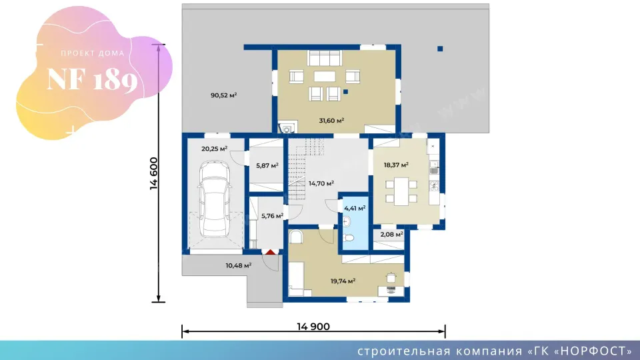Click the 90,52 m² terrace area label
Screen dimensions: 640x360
coord(224,95)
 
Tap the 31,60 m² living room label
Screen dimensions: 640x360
coord(331,121)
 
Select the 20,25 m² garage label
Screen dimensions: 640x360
coord(214,149)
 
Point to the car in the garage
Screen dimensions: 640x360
coord(215,199)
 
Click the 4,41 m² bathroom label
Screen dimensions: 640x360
coord(355,208)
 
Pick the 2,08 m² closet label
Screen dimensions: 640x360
coord(391,234)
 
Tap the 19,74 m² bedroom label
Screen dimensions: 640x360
coord(343,281)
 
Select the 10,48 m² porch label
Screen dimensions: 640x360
coord(239,265)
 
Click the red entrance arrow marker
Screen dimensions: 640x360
coord(271,252)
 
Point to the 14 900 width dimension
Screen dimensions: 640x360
coord(313,327)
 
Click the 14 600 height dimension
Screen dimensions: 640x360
coord(154,173)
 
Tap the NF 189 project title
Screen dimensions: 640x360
coord(92,79)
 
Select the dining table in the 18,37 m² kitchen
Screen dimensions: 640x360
coord(401,191)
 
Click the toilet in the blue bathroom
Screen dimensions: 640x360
coord(348,237)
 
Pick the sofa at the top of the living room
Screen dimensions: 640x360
coord(325,58)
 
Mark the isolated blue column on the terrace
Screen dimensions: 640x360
coord(440,49)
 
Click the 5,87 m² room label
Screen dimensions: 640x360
coord(267,165)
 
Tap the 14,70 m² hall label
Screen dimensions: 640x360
coord(321,183)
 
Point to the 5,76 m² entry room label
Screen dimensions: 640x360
coord(272,215)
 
